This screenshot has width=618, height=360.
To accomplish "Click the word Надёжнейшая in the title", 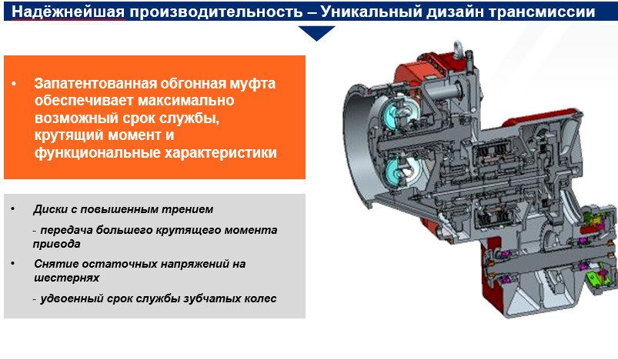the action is (68, 12).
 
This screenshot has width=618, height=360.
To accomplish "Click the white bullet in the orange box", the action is (14, 84).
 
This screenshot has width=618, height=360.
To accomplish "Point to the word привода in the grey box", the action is (57, 244).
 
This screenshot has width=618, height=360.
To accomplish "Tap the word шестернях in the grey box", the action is (67, 278).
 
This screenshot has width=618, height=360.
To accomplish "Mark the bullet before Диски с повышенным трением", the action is (13, 208).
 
